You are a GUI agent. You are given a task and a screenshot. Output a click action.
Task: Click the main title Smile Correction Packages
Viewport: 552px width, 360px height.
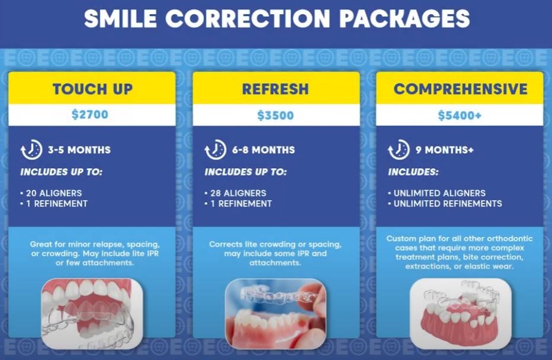(x=276, y=19)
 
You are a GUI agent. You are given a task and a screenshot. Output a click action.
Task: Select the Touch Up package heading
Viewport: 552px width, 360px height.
(x=92, y=89)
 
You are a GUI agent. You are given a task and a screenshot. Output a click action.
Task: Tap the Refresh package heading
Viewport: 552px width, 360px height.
(x=275, y=89)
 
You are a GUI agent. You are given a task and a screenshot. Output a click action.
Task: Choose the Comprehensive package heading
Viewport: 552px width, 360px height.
(x=460, y=89)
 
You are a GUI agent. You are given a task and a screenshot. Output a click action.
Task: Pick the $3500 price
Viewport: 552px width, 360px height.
(x=275, y=115)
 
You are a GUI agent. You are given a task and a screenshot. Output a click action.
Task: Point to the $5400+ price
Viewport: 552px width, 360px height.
(x=460, y=115)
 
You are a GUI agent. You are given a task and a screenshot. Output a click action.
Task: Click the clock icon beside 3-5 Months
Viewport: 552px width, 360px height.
(x=31, y=150)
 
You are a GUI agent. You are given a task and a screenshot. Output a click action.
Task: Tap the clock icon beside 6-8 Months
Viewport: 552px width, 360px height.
(x=215, y=150)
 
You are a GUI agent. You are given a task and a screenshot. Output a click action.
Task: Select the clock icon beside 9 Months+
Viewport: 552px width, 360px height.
(x=399, y=150)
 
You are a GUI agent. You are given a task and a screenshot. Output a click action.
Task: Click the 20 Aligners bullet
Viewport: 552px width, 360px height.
(x=52, y=193)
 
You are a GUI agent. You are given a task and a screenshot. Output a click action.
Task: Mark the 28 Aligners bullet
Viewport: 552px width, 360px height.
(x=237, y=193)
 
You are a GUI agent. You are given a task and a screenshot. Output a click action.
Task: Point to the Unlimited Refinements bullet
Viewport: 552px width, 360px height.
(x=449, y=204)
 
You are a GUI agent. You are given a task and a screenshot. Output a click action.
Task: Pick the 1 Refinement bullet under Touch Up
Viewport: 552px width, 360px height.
(x=55, y=204)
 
